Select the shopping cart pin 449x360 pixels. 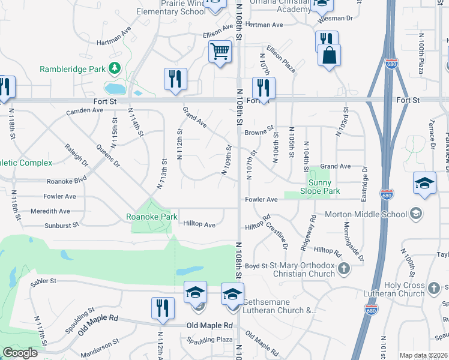tap(220, 52)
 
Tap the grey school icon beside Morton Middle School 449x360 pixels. tap(415, 214)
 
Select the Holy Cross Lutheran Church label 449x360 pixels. tap(397, 289)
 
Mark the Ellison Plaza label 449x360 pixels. tap(281, 59)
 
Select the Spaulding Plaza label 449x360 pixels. tap(209, 340)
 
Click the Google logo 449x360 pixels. tap(20, 353)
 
